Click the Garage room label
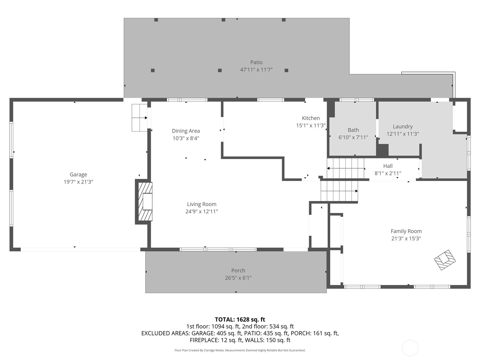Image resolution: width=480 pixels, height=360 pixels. point(78,174)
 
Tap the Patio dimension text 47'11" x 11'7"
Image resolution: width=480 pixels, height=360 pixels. point(256,70)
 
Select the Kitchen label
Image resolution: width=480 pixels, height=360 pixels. point(311,118)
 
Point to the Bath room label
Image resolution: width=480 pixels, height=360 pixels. point(353,130)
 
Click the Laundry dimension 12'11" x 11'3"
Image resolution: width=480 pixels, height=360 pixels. point(403,134)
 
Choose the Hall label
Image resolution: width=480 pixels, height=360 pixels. point(388,166)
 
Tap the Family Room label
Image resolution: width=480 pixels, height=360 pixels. point(406,231)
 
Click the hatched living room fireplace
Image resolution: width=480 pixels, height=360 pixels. point(145,202)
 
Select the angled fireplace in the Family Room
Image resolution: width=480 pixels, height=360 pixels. point(445,260)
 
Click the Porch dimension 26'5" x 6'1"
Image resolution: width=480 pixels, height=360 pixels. point(238,278)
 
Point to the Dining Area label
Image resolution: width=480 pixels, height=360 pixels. point(186,131)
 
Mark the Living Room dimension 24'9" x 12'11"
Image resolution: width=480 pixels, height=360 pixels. point(202,211)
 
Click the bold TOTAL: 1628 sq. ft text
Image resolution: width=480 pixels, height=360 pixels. point(240,319)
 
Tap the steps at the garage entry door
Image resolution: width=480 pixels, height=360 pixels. point(139,118)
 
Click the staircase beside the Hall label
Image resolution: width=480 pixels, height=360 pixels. point(346,168)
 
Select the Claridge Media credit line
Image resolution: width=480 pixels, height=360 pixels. point(240,350)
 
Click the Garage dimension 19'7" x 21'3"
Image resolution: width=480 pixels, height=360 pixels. point(78,182)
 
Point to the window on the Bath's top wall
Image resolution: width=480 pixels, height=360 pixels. point(356,100)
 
